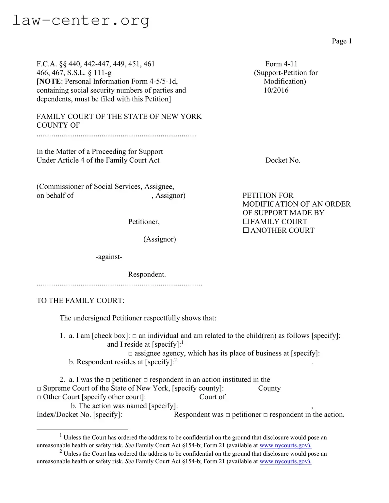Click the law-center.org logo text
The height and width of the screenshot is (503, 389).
[x=81, y=20]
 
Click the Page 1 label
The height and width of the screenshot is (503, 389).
[x=342, y=41]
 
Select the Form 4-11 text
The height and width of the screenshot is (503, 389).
[x=281, y=64]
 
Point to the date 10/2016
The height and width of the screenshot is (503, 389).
[x=276, y=90]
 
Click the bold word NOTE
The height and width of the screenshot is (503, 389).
[x=50, y=82]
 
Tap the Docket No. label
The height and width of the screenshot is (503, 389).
[x=283, y=160]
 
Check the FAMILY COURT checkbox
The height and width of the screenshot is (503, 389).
[x=246, y=222]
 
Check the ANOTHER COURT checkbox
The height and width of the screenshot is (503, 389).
[x=246, y=230]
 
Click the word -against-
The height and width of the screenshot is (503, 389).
[x=109, y=257]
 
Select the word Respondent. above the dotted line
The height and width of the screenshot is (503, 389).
[x=147, y=275]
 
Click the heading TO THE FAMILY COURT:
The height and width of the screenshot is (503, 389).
[x=80, y=301]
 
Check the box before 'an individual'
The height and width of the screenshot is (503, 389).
[x=135, y=336]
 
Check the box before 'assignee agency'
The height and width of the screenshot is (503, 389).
[x=131, y=354]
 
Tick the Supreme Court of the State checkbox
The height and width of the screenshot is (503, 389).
[x=39, y=388]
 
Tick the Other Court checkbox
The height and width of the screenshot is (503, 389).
[x=39, y=397]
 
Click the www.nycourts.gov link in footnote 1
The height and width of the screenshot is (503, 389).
[x=285, y=446]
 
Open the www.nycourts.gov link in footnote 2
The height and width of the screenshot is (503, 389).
[x=285, y=462]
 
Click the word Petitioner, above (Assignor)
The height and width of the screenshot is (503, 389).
[x=144, y=222]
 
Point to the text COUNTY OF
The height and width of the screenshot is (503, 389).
[x=58, y=125]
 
